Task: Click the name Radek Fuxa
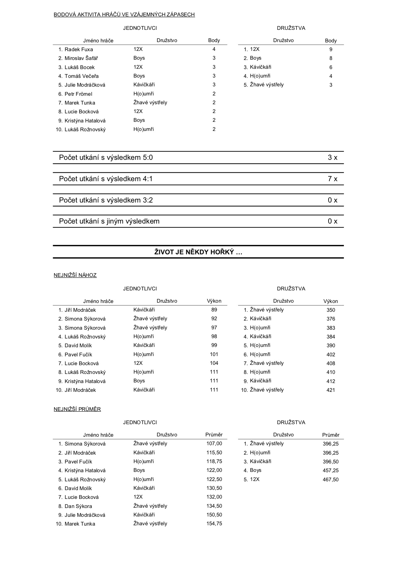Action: point(79,49)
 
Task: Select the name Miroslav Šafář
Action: point(81,58)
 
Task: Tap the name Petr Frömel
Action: point(78,94)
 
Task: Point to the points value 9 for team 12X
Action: point(331,49)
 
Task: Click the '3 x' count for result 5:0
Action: point(332,158)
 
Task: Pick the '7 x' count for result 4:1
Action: point(332,179)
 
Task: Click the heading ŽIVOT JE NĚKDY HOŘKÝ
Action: point(198,252)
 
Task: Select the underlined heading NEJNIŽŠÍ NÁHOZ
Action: point(75,275)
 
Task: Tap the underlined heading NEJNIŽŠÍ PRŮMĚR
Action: point(77,409)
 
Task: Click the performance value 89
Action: point(214,310)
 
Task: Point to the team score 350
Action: point(331,310)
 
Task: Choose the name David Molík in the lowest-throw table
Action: point(78,346)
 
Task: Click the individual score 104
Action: point(214,363)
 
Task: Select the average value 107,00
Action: point(214,444)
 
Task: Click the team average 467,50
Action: point(331,479)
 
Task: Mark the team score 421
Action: point(331,390)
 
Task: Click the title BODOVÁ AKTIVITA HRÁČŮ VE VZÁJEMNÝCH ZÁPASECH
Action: point(124,15)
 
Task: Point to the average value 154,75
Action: point(214,524)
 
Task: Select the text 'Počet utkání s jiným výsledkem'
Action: point(109,221)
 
